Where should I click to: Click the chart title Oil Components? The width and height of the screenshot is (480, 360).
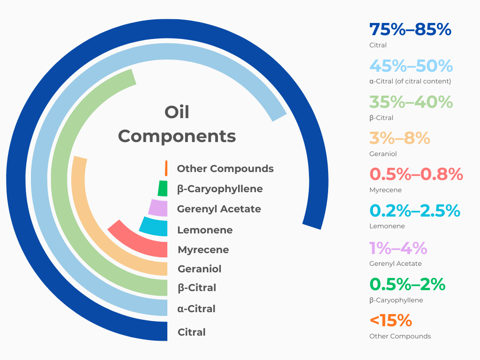pyautogui.click(x=177, y=124)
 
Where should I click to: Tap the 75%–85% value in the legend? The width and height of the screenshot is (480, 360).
pyautogui.click(x=410, y=30)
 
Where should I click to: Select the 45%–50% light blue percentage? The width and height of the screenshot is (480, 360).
pyautogui.click(x=411, y=66)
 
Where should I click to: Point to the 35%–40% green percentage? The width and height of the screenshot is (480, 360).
pyautogui.click(x=411, y=102)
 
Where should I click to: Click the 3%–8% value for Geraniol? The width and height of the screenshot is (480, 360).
pyautogui.click(x=399, y=138)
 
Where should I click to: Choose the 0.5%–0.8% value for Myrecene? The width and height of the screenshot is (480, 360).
pyautogui.click(x=416, y=174)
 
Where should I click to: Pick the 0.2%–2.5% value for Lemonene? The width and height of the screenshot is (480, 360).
pyautogui.click(x=415, y=210)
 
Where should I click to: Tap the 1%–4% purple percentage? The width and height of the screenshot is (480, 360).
pyautogui.click(x=398, y=247)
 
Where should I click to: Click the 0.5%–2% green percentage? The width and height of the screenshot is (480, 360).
pyautogui.click(x=407, y=284)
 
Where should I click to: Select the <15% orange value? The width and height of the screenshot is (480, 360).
pyautogui.click(x=390, y=321)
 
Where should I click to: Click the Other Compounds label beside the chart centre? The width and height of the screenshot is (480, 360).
pyautogui.click(x=225, y=168)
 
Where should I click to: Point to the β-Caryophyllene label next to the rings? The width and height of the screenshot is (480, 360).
pyautogui.click(x=220, y=188)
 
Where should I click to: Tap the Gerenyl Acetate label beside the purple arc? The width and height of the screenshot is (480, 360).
pyautogui.click(x=219, y=209)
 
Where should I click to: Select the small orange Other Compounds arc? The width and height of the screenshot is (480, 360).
pyautogui.click(x=166, y=168)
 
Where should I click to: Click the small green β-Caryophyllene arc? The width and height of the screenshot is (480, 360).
pyautogui.click(x=163, y=188)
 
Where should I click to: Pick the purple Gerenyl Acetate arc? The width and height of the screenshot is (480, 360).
pyautogui.click(x=158, y=208)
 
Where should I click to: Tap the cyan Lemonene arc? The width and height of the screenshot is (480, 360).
pyautogui.click(x=153, y=226)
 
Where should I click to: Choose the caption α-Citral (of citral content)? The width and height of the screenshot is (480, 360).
pyautogui.click(x=410, y=81)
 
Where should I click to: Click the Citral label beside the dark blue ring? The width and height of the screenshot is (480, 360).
pyautogui.click(x=191, y=332)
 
